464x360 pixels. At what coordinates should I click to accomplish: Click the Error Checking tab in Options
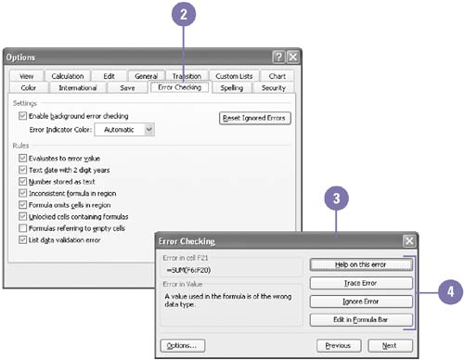click(x=179, y=87)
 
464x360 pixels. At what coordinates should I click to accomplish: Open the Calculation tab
click(x=68, y=76)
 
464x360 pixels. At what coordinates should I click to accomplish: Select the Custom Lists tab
click(x=234, y=76)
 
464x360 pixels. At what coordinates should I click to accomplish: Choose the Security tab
click(x=274, y=88)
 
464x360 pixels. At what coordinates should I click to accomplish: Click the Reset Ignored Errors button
click(x=254, y=118)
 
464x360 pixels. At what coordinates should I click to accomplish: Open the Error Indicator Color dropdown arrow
click(x=149, y=129)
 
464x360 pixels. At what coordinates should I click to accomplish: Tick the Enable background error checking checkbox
click(x=22, y=116)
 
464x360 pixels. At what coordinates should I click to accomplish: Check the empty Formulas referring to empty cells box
click(x=22, y=228)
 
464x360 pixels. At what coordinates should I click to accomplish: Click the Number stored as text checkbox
click(x=22, y=182)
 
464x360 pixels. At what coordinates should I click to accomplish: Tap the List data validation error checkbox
click(x=22, y=240)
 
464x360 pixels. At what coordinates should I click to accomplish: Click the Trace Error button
click(x=361, y=283)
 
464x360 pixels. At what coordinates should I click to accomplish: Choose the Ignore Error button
click(x=361, y=302)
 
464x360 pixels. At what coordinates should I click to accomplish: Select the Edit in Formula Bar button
click(x=361, y=320)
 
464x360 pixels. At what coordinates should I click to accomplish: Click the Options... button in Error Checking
click(x=183, y=345)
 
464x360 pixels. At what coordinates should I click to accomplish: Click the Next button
click(x=390, y=345)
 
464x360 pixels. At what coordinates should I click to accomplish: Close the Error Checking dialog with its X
click(x=409, y=241)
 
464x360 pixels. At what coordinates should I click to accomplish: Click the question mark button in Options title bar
click(x=278, y=58)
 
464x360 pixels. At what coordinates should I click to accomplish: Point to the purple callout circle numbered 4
click(x=450, y=292)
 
